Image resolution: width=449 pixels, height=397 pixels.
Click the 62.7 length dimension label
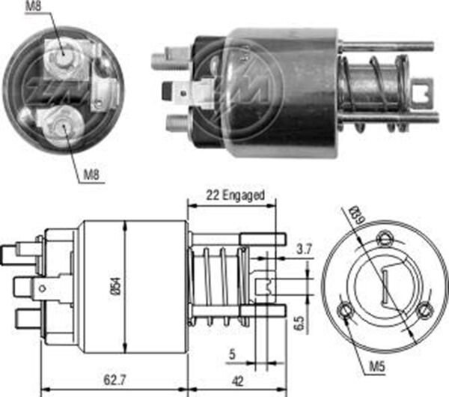[114, 381]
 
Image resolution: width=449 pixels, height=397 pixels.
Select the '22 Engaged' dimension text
[235, 196]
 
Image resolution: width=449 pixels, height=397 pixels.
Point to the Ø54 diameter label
[117, 286]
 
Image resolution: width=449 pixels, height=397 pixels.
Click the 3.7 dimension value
[304, 249]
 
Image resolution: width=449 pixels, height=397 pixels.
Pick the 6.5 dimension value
[300, 324]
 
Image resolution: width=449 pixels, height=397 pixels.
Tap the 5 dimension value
[232, 354]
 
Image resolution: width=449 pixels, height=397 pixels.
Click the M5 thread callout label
[377, 366]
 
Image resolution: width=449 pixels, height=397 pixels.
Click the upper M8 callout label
[34, 6]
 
